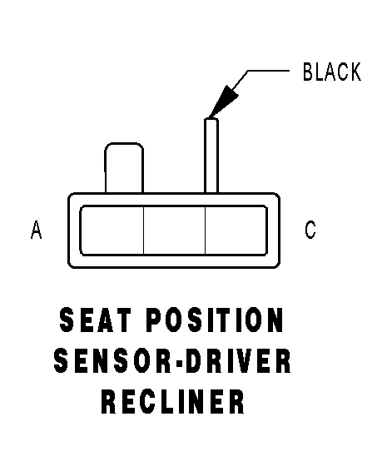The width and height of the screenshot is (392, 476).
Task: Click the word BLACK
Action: [x=332, y=72]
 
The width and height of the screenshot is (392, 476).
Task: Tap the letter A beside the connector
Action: [x=36, y=230]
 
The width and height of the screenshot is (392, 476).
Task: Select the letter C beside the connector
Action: [x=310, y=230]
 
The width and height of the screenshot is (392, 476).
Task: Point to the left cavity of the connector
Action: [x=112, y=231]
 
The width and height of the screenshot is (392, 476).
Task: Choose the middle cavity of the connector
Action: [x=174, y=231]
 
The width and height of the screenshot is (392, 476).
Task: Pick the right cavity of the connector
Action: [x=236, y=231]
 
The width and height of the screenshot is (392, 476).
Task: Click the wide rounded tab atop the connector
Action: [x=124, y=167]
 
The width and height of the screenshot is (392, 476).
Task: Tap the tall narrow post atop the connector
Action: [x=211, y=156]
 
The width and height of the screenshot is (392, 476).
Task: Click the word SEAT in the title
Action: [x=96, y=320]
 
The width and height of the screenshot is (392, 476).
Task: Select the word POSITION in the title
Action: [x=215, y=320]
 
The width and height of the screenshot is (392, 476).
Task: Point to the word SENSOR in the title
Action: [x=112, y=361]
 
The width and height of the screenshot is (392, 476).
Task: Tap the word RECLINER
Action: [x=173, y=402]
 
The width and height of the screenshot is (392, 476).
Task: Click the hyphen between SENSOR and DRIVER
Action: [x=177, y=362]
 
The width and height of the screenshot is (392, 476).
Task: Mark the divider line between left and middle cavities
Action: [x=143, y=231]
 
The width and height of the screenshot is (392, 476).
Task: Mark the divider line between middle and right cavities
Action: [x=206, y=231]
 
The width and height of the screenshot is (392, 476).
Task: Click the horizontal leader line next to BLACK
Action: [x=269, y=71]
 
